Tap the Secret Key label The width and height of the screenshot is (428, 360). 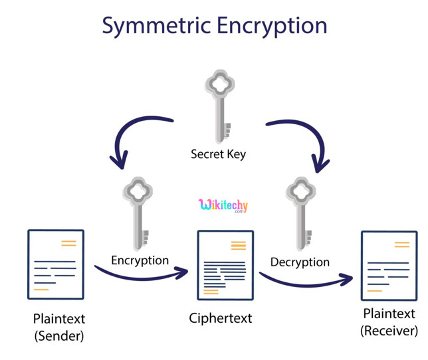pos(218,154)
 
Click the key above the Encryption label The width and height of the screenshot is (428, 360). pos(138,213)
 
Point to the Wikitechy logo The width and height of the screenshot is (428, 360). pos(223,206)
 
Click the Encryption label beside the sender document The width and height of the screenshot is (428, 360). pos(140,260)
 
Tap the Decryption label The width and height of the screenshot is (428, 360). pos(300,262)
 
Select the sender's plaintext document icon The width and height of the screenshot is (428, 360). pos(56,264)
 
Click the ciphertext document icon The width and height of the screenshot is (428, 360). pos(225,265)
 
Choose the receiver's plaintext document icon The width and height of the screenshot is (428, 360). pos(389,266)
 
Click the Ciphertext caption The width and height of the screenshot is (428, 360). pos(221,318)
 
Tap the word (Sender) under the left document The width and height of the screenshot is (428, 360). pos(59,335)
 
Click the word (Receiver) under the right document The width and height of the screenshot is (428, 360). pos(389,330)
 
